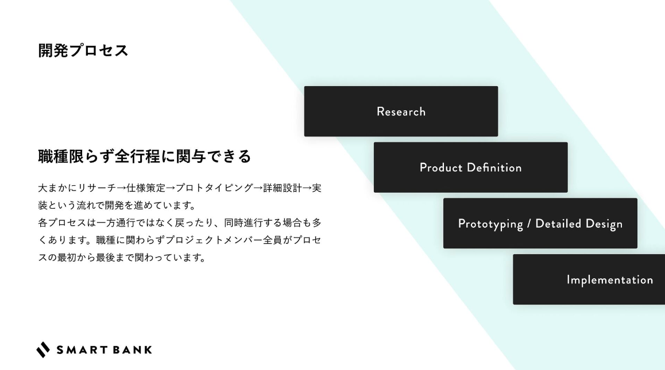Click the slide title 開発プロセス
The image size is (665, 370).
[83, 50]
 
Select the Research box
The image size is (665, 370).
[401, 111]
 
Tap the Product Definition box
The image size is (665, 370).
[470, 168]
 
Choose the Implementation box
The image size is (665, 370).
[589, 279]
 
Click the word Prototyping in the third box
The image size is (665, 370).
[490, 224]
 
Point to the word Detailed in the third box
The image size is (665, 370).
[558, 223]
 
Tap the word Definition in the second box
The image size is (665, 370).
[494, 168]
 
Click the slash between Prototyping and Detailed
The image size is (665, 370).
[529, 224]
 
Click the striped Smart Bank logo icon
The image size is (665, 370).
[43, 350]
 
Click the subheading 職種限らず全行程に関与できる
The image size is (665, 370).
[145, 156]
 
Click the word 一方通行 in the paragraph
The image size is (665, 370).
[115, 223]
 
